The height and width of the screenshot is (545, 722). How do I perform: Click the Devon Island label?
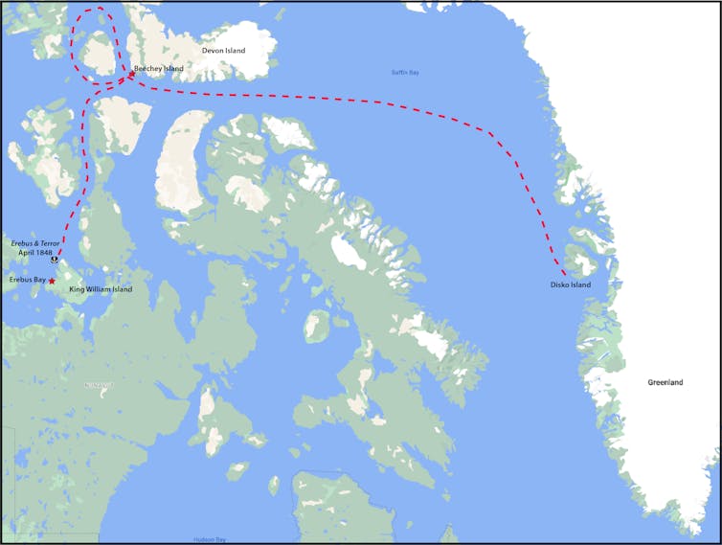coord(223,50)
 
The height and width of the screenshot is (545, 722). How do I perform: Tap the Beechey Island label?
coord(159,69)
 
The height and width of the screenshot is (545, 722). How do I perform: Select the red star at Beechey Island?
coord(132,73)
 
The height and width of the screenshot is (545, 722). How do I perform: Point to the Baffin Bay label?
coord(406,73)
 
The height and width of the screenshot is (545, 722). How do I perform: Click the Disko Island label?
coord(571,284)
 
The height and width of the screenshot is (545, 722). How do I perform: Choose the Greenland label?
coord(666,382)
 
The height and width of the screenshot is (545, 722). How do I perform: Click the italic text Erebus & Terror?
coord(35,244)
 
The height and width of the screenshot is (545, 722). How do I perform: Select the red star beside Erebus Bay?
coord(52,281)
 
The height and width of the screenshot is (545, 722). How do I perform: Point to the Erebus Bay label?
coord(27,280)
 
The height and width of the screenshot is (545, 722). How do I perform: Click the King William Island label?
coord(101,288)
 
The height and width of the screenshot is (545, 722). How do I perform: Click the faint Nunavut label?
coord(99,385)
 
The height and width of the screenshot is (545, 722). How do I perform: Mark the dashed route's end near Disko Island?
coord(565,274)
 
